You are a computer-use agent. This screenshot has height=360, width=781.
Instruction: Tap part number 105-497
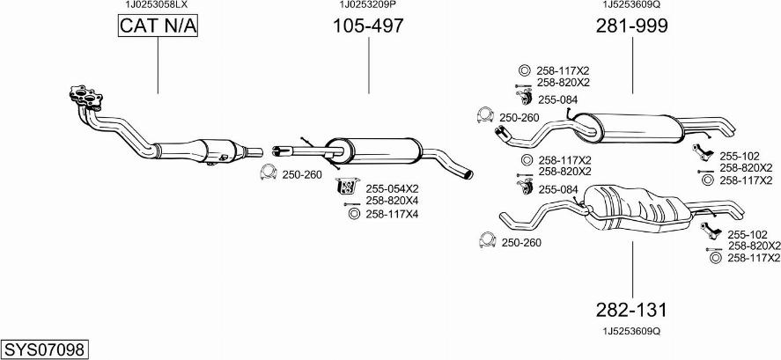368,26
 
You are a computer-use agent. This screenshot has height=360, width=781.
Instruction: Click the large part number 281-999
632,26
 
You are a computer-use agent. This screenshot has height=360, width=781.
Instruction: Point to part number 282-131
632,310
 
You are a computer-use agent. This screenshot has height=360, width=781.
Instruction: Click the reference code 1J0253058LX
156,4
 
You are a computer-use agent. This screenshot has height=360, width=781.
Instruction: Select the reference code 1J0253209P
367,4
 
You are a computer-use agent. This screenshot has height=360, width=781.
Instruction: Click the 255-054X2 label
392,188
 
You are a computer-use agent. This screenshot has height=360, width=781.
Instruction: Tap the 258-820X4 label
392,201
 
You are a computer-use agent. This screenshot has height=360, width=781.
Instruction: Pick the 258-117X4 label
392,214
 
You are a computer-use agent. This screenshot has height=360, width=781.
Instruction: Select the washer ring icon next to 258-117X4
354,214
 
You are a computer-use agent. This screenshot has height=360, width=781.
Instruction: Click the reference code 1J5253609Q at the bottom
631,332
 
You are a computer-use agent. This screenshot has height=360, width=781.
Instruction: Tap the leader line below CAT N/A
158,66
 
